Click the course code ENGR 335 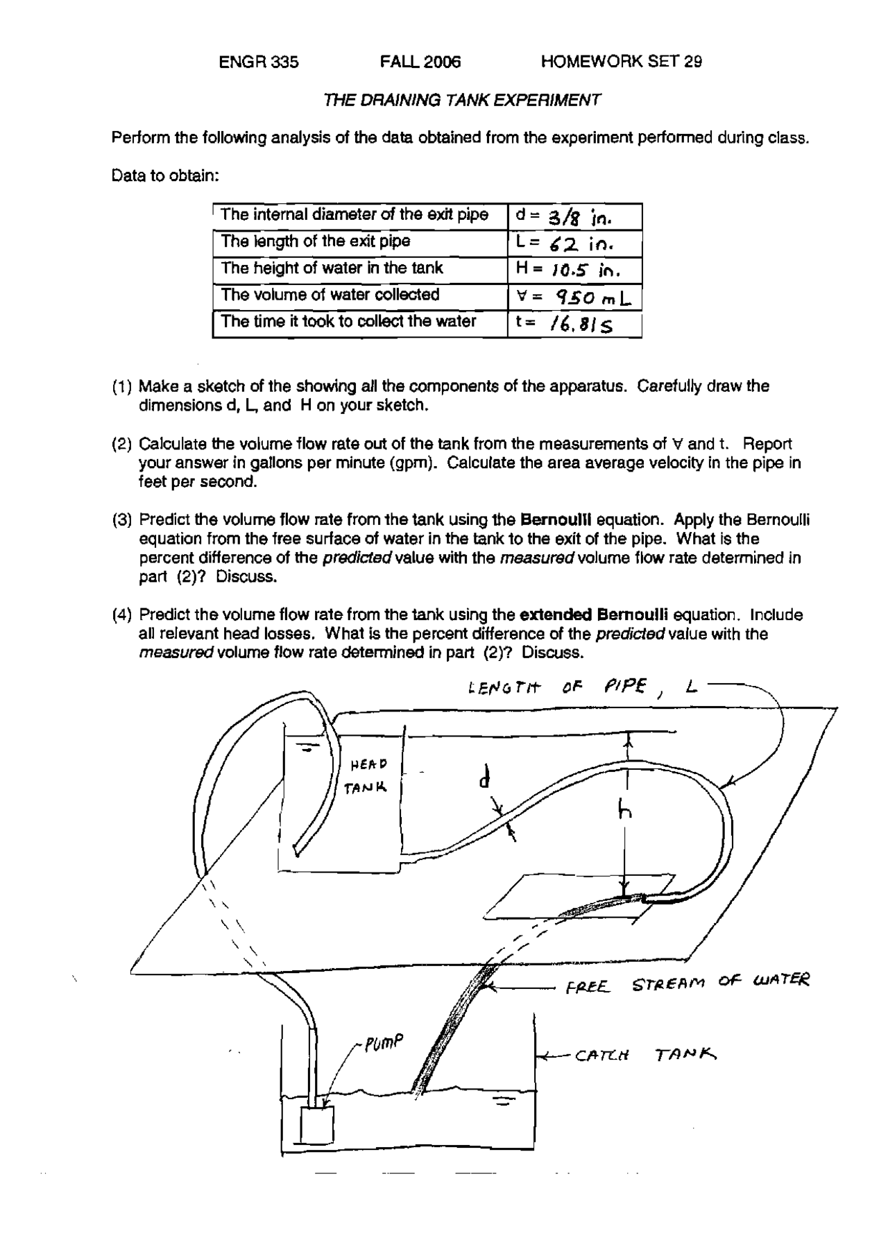click(x=258, y=62)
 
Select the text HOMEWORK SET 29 click(x=621, y=62)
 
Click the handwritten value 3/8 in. click(x=570, y=217)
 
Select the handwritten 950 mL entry click(x=593, y=298)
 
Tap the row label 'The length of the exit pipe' click(x=315, y=241)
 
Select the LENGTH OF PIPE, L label click(x=583, y=687)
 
